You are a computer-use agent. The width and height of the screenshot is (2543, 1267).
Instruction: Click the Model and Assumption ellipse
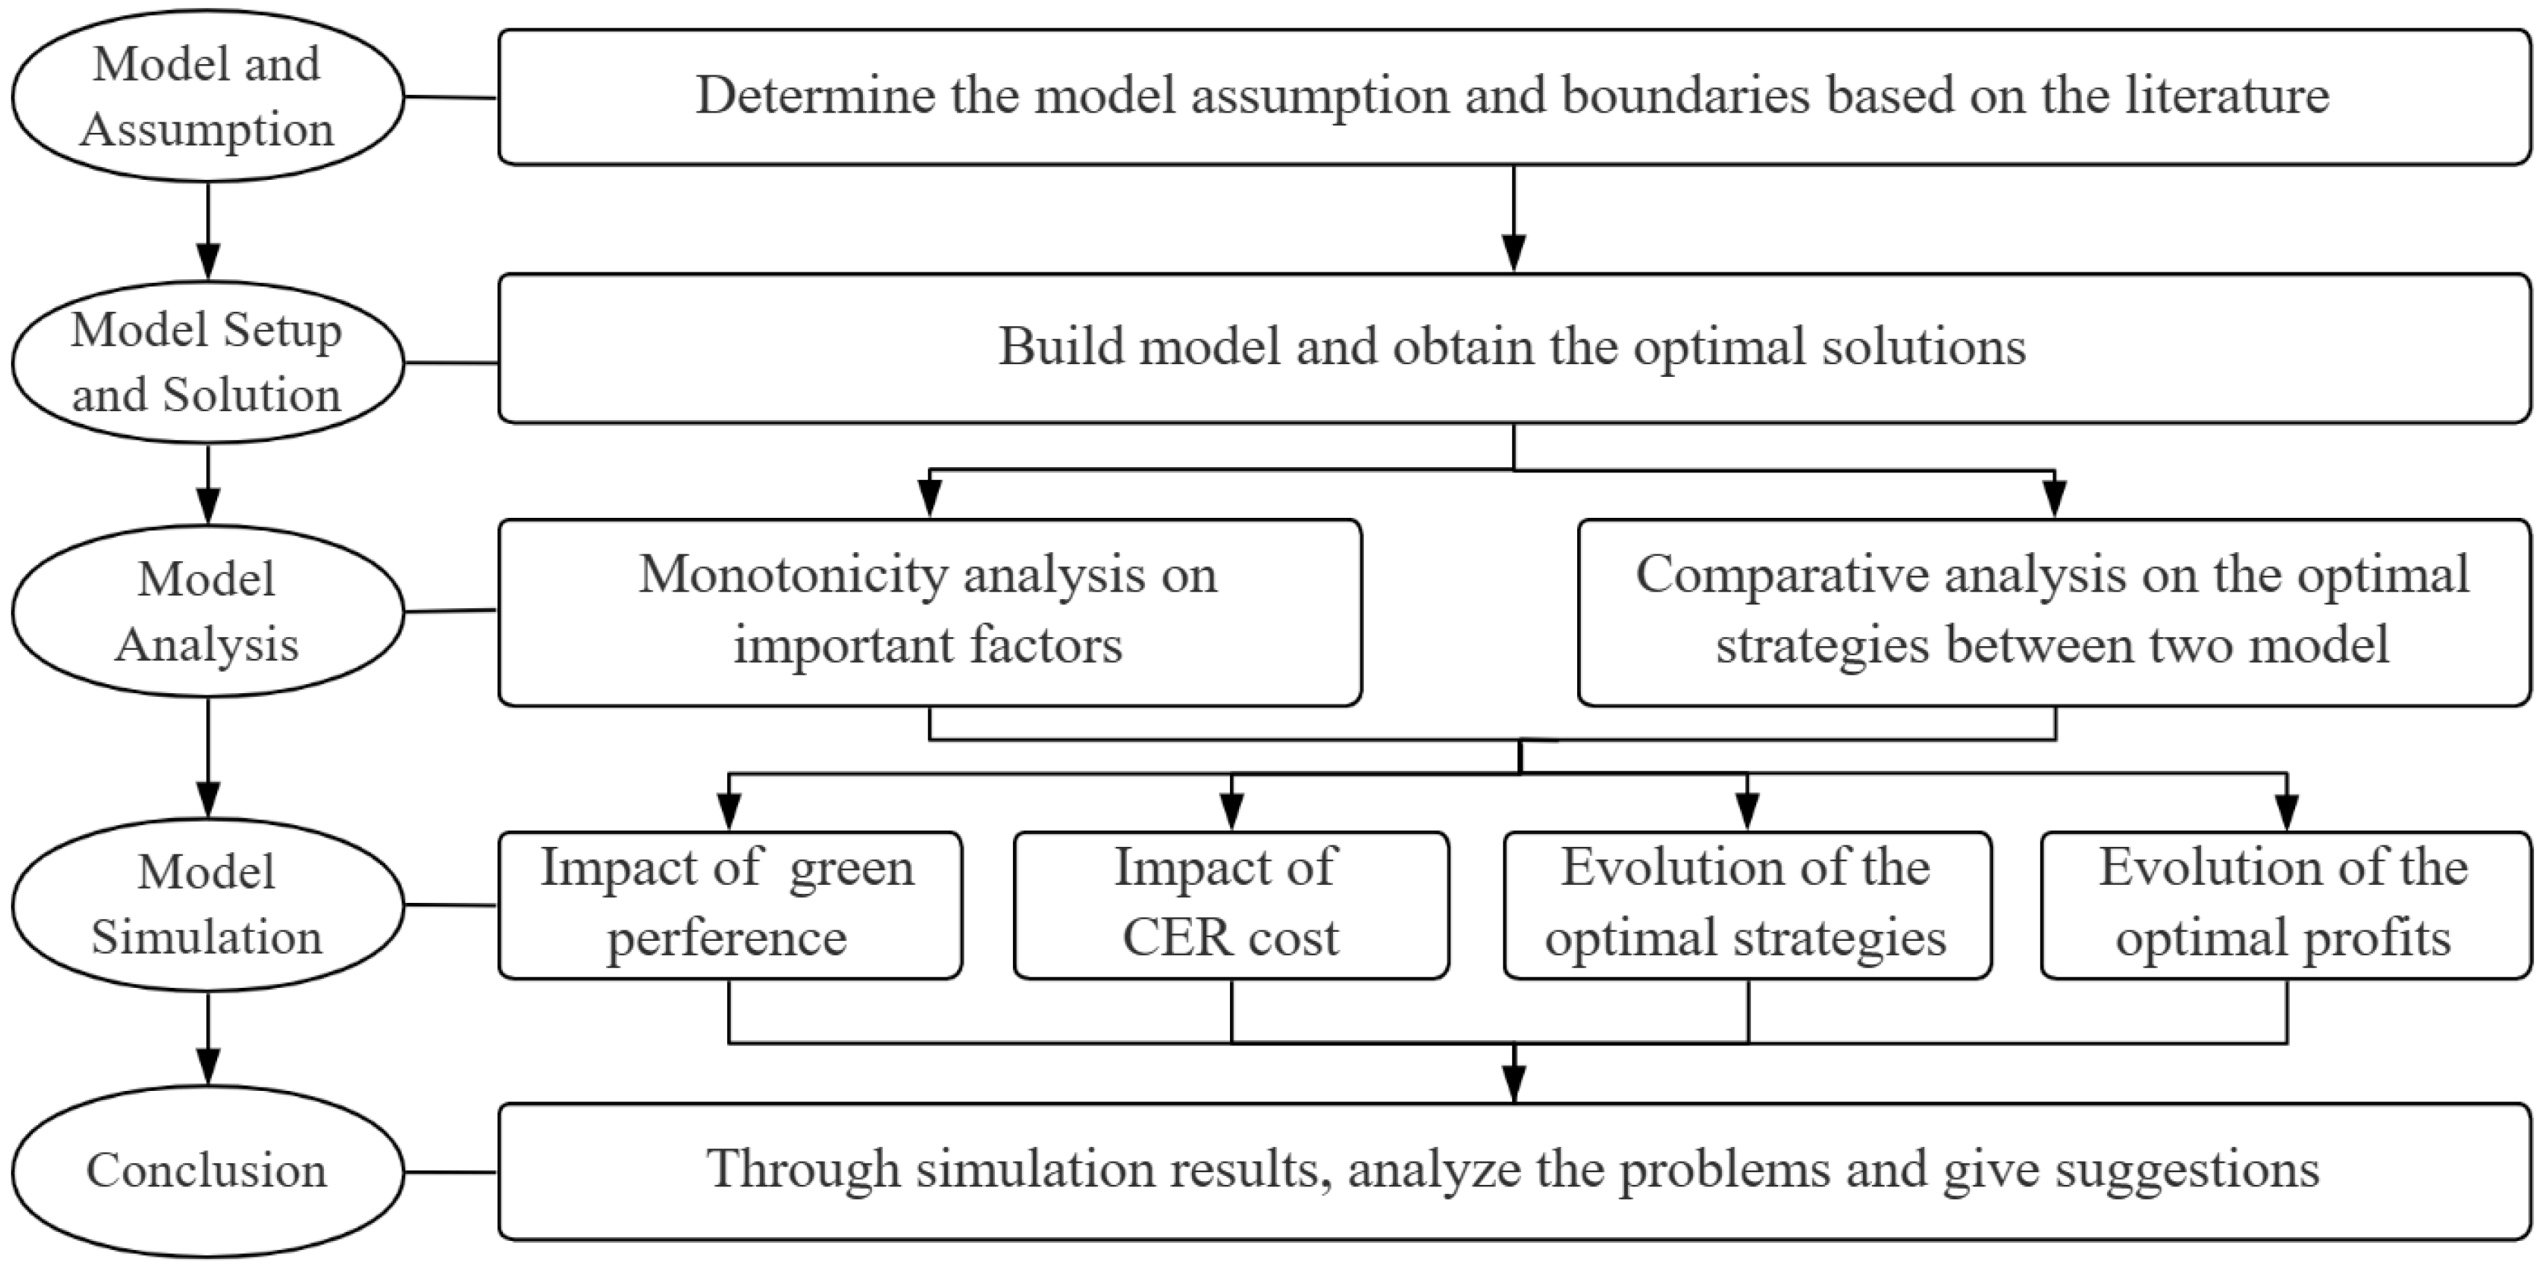coord(208,97)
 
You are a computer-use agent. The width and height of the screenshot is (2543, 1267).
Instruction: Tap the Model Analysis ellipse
coord(208,611)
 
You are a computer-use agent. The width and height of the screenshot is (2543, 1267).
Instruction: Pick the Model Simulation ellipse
coord(208,905)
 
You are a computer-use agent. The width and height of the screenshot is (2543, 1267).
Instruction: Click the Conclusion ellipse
coord(208,1171)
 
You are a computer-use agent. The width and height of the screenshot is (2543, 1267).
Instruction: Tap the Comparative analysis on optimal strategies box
coord(2053,612)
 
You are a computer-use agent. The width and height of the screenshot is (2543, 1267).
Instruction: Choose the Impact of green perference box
coord(728,905)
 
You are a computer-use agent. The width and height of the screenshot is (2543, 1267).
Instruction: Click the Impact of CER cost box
coord(1230,905)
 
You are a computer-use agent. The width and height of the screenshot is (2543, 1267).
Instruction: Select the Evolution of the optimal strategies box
coord(1747,905)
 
